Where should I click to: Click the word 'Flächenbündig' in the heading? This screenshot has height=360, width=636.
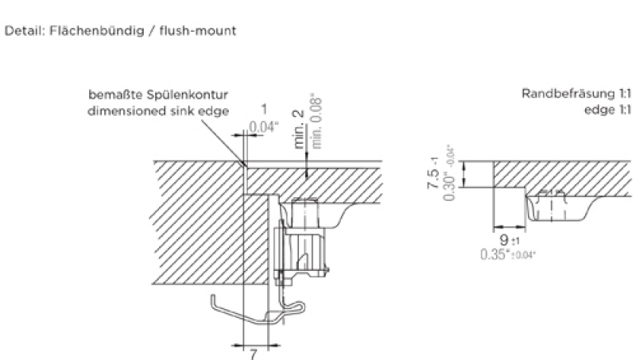tap(87, 32)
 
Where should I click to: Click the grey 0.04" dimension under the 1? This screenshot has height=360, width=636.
tap(263, 127)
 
